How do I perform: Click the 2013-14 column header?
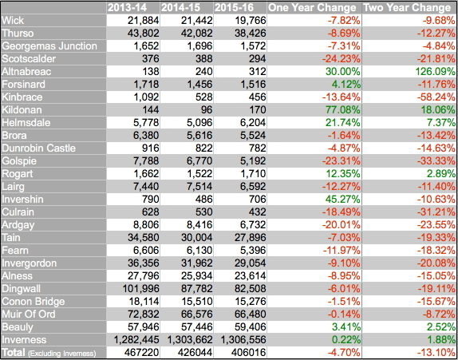point(133,8)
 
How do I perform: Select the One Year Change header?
point(312,8)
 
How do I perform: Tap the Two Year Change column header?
point(407,8)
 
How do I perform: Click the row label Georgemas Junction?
point(49,45)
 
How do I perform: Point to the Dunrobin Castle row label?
point(38,148)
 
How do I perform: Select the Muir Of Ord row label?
point(29,315)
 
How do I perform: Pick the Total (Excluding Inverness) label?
point(49,353)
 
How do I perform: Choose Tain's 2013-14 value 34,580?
point(144,238)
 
